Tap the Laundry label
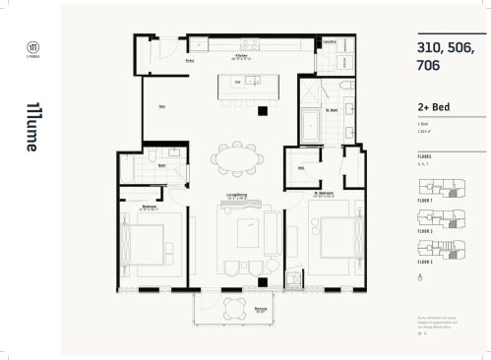(x=331, y=42)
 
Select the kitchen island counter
(x=242, y=81)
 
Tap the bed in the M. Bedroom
(x=331, y=240)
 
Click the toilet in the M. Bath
(x=338, y=87)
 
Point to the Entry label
(x=189, y=62)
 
